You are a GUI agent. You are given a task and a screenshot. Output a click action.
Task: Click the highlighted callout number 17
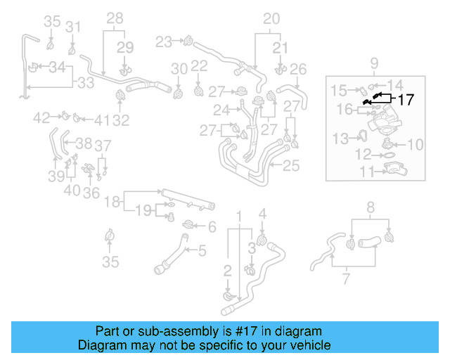coord(406,100)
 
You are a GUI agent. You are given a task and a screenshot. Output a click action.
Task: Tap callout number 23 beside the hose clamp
coord(164,41)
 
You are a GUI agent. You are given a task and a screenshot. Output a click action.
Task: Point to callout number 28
coord(115,18)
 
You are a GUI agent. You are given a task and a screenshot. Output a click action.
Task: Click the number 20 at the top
coord(271,18)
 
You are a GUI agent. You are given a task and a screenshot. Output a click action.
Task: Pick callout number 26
coord(298,69)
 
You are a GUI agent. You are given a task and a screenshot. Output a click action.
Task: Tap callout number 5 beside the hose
coord(202,250)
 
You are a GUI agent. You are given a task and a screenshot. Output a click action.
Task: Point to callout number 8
coord(371,207)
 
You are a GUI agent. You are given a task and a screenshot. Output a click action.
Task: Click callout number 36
coord(91,192)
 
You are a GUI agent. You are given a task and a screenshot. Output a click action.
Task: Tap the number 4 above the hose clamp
coord(262,214)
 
